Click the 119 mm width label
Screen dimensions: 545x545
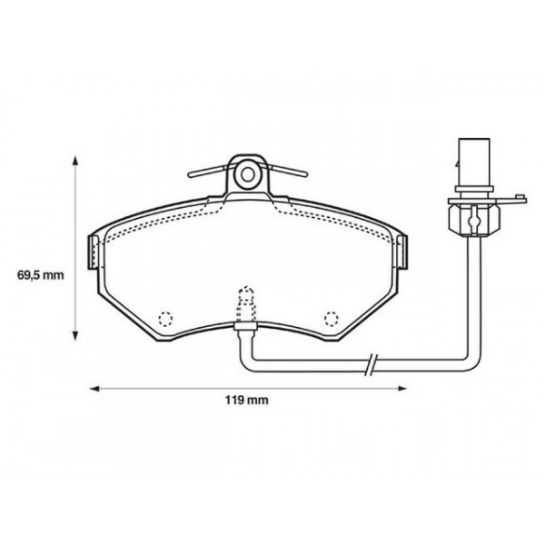tap(247, 399)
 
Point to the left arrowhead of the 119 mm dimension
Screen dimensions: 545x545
tap(92, 388)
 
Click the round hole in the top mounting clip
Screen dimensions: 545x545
tap(247, 173)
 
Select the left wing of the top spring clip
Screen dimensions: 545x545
tap(207, 171)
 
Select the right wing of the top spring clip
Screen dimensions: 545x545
tap(286, 171)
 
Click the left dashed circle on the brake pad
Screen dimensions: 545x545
tap(165, 318)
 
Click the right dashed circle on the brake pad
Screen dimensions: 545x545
tap(331, 318)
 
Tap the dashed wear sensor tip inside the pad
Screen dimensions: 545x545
tap(245, 297)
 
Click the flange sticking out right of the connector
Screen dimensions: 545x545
tap(514, 195)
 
